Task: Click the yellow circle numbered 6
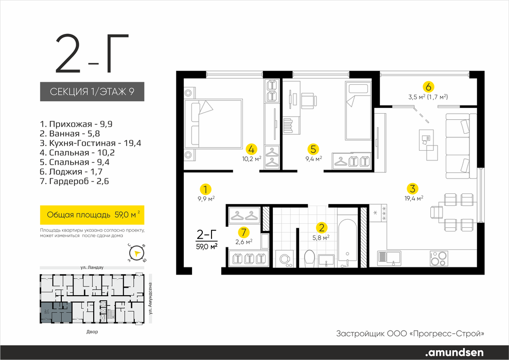pyautogui.click(x=428, y=87)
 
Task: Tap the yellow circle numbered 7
pyautogui.click(x=244, y=232)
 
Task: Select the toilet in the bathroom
pyautogui.click(x=310, y=258)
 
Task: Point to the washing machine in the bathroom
pyautogui.click(x=285, y=259)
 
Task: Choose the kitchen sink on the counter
pyautogui.click(x=389, y=258)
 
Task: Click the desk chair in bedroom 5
pyautogui.click(x=309, y=101)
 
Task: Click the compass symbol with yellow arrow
pyautogui.click(x=136, y=253)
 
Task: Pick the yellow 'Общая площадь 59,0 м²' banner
pyautogui.click(x=92, y=214)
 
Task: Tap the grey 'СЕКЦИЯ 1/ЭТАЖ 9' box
pyautogui.click(x=92, y=92)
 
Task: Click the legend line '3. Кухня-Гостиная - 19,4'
pyautogui.click(x=91, y=143)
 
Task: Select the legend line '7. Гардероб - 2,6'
pyautogui.click(x=74, y=182)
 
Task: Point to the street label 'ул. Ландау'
pyautogui.click(x=92, y=267)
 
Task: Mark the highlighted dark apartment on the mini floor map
pyautogui.click(x=56, y=312)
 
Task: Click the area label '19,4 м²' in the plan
pyautogui.click(x=413, y=198)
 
